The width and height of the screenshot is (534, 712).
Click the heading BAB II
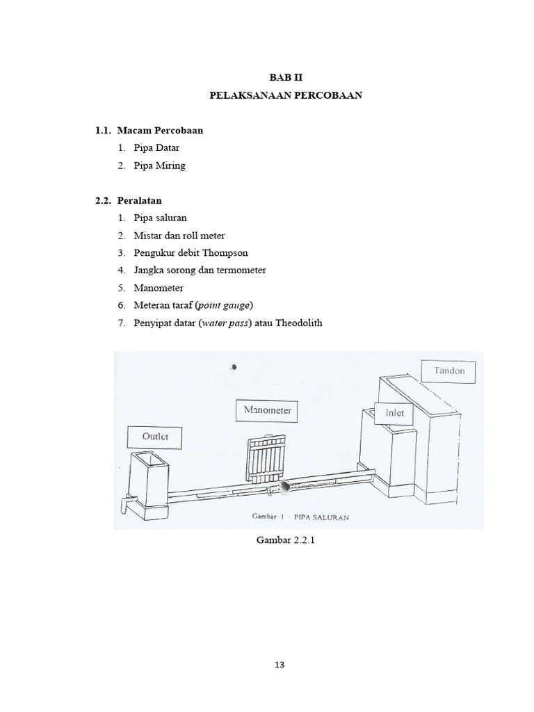[286, 78]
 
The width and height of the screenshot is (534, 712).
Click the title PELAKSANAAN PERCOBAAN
[286, 96]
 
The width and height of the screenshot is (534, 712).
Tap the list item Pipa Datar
[157, 148]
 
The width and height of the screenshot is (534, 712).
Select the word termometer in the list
[239, 270]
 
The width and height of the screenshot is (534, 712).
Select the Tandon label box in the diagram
[449, 371]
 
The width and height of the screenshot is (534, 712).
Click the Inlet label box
[394, 413]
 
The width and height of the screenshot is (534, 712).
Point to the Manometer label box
[267, 410]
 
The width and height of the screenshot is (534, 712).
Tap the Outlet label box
[155, 437]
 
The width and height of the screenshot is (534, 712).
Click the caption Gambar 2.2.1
[286, 542]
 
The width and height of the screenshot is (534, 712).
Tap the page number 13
[280, 664]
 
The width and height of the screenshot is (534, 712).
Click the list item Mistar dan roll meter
[179, 235]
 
